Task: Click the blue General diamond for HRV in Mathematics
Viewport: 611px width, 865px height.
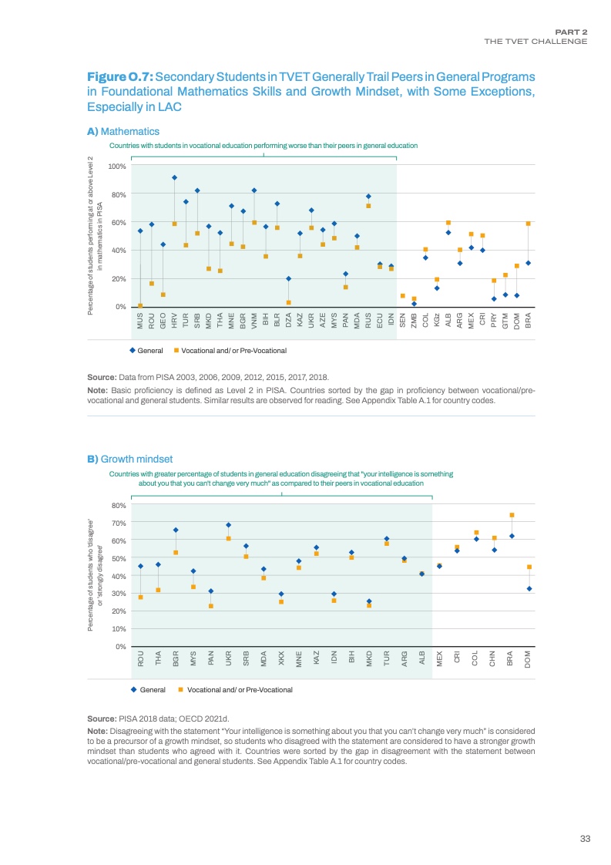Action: tap(174, 177)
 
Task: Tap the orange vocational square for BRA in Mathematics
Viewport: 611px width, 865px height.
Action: tap(528, 224)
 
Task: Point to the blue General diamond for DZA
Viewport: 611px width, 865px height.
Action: tap(288, 278)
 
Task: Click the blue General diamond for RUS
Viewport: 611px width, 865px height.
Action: tap(368, 197)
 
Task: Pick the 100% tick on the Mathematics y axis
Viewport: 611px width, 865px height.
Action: tap(117, 166)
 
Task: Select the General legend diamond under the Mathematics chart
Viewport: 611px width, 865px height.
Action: tap(133, 351)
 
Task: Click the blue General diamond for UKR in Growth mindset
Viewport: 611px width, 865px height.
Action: tap(228, 525)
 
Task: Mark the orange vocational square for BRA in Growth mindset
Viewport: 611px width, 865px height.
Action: tap(512, 515)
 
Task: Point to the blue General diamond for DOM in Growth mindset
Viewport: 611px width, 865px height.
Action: tap(529, 588)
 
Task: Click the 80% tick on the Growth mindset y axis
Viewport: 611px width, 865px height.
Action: tap(120, 506)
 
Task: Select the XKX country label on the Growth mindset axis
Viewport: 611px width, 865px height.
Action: tap(281, 658)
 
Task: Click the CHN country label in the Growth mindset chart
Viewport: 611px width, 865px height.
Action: tap(494, 658)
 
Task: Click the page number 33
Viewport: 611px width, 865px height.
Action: tap(584, 840)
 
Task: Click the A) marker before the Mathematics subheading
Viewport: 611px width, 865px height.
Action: tap(93, 132)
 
